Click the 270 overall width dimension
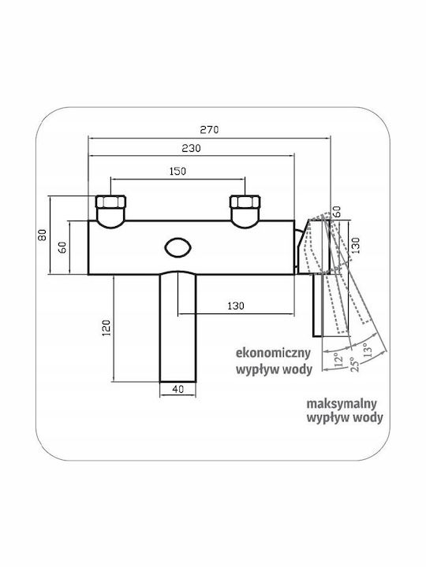pyautogui.click(x=209, y=129)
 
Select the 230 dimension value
pyautogui.click(x=191, y=148)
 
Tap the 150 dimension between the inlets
pyautogui.click(x=177, y=171)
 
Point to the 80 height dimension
pyautogui.click(x=43, y=235)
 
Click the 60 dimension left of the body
pyautogui.click(x=62, y=247)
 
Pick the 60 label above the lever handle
pyautogui.click(x=337, y=211)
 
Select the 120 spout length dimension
pyautogui.click(x=106, y=328)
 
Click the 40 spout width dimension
pyautogui.click(x=177, y=389)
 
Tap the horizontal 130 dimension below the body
pyautogui.click(x=236, y=306)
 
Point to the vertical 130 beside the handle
pyautogui.click(x=356, y=245)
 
